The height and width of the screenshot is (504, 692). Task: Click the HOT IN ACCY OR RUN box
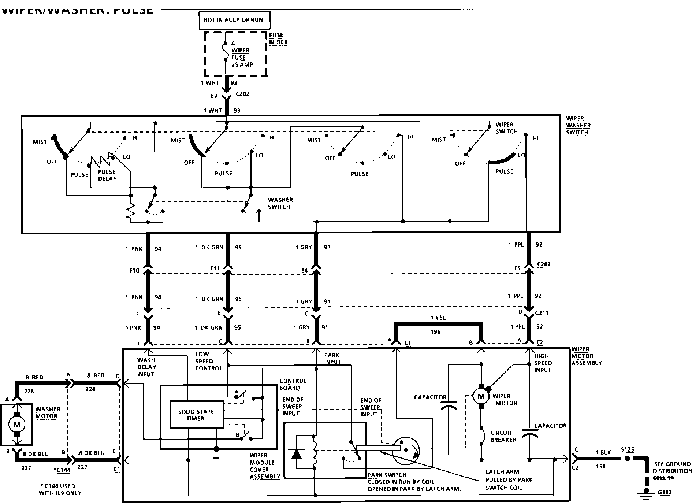pyautogui.click(x=233, y=20)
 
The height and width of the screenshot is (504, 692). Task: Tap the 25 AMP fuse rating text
pyautogui.click(x=242, y=64)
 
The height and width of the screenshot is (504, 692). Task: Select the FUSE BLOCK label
pyautogui.click(x=278, y=38)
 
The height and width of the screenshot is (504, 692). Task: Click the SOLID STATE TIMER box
pyautogui.click(x=196, y=415)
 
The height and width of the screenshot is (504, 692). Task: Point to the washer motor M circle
pyautogui.click(x=17, y=425)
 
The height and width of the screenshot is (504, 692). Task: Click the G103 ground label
pyautogui.click(x=665, y=492)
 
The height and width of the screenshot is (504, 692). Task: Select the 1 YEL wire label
pyautogui.click(x=438, y=318)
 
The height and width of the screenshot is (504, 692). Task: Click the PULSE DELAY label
pyautogui.click(x=107, y=175)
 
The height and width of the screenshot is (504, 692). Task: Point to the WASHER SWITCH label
pyautogui.click(x=280, y=203)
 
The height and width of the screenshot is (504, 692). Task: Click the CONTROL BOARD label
pyautogui.click(x=293, y=384)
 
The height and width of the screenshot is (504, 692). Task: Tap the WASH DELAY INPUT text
pyautogui.click(x=146, y=367)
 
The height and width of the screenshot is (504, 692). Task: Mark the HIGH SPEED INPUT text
pyautogui.click(x=543, y=363)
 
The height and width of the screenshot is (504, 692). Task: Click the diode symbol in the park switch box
pyautogui.click(x=297, y=454)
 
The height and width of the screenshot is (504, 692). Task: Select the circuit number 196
pyautogui.click(x=435, y=332)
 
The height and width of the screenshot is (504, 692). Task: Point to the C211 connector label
pyautogui.click(x=542, y=313)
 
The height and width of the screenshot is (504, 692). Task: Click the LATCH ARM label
pyautogui.click(x=502, y=472)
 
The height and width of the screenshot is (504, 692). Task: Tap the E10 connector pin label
pyautogui.click(x=134, y=271)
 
